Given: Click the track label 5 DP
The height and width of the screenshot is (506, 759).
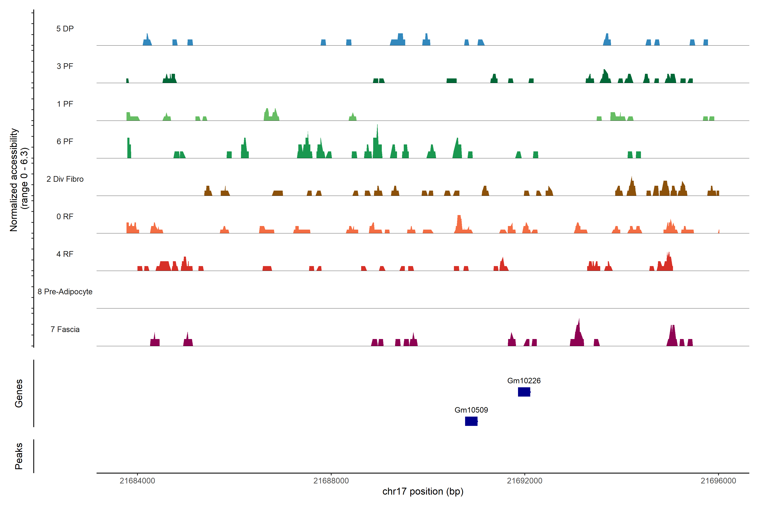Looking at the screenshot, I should click(65, 29).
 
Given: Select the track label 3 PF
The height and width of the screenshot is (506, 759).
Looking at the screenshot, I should click(65, 66).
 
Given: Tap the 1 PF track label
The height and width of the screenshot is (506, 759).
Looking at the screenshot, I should click(65, 104).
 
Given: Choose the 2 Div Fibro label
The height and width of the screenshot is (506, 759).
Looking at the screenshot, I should click(65, 179).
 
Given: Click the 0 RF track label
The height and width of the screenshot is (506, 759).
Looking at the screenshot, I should click(65, 217).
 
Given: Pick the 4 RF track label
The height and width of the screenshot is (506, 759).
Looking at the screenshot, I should click(65, 254).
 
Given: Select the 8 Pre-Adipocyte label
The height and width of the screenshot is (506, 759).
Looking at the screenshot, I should click(65, 292).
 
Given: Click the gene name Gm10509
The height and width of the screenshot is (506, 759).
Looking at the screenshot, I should click(471, 410).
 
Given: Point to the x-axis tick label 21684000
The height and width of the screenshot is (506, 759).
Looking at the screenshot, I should click(137, 481).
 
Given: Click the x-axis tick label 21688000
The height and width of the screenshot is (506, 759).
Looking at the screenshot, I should click(331, 481).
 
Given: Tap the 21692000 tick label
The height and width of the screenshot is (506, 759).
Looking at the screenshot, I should click(525, 481).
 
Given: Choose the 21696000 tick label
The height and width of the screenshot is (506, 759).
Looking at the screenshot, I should click(718, 481).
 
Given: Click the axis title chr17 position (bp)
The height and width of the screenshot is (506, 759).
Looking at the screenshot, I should click(423, 491).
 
